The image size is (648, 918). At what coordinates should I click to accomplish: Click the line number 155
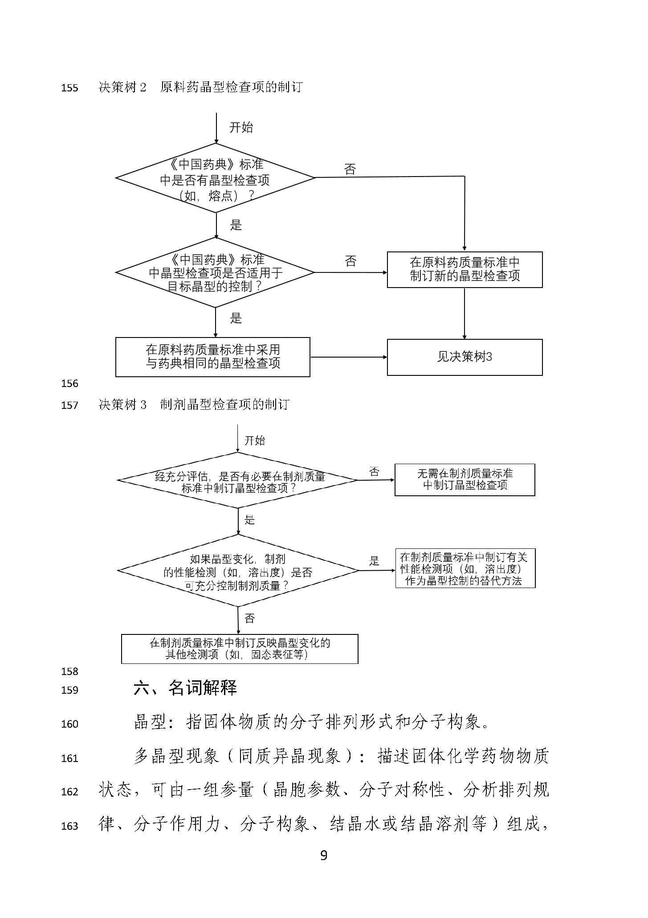69,88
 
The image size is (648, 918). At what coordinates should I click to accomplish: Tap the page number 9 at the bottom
324,855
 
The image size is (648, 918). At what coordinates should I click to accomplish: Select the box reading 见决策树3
465,357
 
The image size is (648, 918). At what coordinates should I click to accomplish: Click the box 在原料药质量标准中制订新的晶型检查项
465,269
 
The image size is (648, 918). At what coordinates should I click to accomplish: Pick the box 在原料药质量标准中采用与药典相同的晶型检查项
212,357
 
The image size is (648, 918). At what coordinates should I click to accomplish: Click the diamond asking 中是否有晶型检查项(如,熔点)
216,178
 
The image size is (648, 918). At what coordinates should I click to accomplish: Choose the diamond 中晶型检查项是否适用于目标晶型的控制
216,272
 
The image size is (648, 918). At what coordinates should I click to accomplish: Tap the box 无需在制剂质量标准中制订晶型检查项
465,480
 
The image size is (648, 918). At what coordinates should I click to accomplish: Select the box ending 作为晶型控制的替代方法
465,568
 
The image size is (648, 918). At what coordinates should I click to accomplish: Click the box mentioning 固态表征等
240,649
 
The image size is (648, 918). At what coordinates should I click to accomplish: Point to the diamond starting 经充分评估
238,481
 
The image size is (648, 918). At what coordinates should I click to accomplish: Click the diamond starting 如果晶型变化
238,571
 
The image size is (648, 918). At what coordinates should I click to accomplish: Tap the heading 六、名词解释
185,688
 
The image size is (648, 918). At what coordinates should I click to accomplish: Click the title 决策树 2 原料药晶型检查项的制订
200,87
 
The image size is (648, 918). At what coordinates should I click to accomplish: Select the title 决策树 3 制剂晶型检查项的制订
194,404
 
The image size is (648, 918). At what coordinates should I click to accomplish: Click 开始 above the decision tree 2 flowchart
241,128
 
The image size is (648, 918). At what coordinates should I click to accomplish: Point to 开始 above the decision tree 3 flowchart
255,440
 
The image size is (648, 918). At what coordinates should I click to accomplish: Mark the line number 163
69,826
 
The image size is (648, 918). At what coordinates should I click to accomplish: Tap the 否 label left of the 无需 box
374,472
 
